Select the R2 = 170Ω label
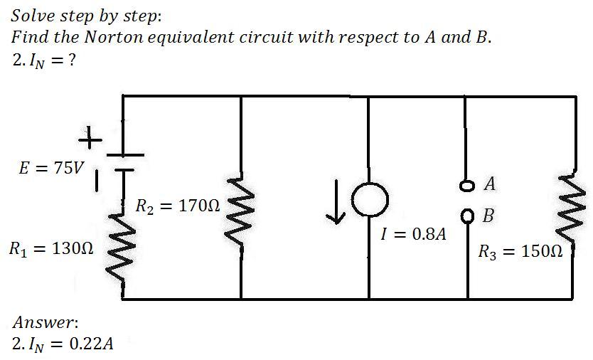coord(178,208)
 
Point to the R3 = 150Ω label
coord(521,251)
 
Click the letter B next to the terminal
coord(489,215)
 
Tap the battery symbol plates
coord(124,162)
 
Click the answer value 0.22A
coord(89,344)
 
